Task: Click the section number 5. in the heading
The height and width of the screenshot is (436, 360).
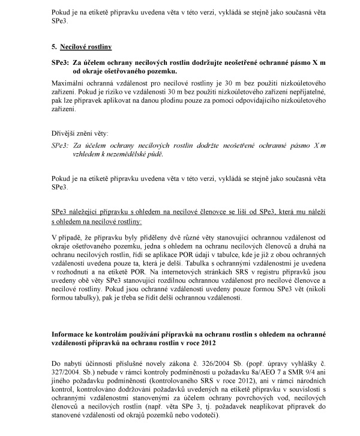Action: coord(55,46)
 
